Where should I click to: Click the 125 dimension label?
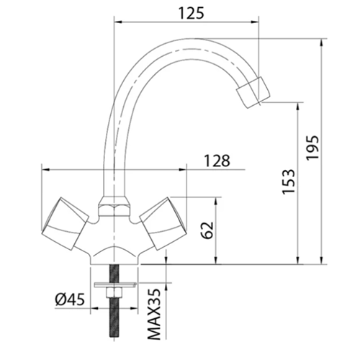[192, 13]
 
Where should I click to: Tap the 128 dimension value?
[217, 161]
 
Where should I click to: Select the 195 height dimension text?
[312, 148]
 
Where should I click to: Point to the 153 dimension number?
[288, 181]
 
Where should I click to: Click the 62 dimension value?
[207, 230]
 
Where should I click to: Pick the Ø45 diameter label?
[70, 300]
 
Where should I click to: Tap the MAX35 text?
[153, 314]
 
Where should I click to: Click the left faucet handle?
[66, 223]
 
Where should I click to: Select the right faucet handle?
[163, 223]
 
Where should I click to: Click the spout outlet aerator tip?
[253, 92]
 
